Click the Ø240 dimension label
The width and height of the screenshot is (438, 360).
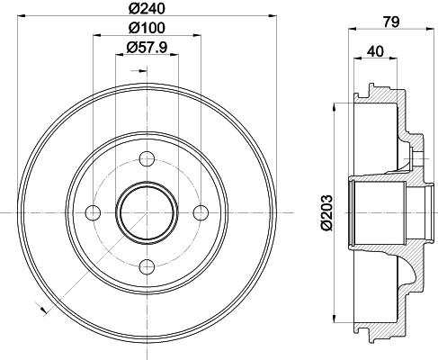click(x=147, y=8)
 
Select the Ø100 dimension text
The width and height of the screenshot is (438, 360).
click(x=147, y=28)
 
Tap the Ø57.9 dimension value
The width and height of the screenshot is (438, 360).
click(x=147, y=47)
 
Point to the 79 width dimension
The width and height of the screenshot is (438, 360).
click(x=391, y=22)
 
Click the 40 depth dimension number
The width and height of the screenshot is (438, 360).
click(x=375, y=51)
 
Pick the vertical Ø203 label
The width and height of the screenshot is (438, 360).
click(x=326, y=212)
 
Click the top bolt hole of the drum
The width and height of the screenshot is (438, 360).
click(x=147, y=159)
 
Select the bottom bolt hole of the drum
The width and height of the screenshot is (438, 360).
click(x=147, y=266)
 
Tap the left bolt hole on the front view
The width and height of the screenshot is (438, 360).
click(x=94, y=212)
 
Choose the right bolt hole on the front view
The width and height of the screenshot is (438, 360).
click(x=201, y=212)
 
